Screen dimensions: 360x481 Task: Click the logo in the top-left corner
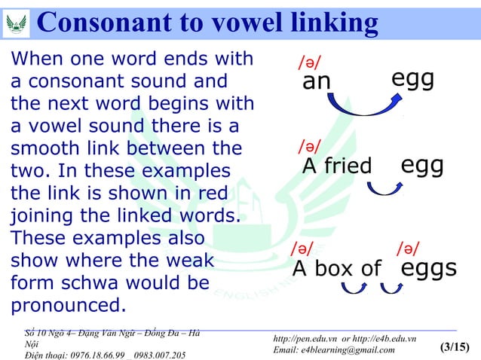click(16, 23)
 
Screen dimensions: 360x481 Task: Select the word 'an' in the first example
click(317, 81)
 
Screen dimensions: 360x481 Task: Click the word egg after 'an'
click(413, 78)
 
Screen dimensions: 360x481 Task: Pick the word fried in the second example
click(346, 166)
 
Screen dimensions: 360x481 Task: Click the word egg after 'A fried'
click(421, 164)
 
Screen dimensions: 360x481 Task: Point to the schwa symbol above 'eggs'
click(409, 248)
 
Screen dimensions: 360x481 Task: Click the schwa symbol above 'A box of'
click(302, 248)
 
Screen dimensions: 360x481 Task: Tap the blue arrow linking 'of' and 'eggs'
click(392, 287)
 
